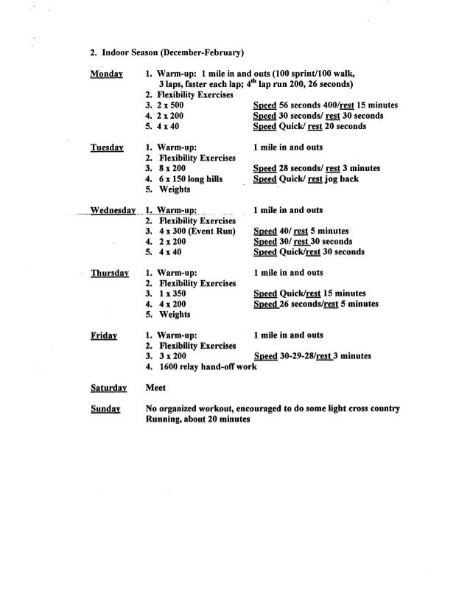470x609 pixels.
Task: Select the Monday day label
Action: [x=107, y=74]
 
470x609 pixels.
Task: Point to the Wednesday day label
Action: [x=113, y=209]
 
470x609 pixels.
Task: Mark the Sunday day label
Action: [x=105, y=408]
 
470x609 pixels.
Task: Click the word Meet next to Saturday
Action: [x=155, y=387]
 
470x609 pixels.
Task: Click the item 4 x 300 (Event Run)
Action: [x=189, y=231]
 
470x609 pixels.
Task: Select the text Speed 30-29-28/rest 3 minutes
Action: [x=312, y=356]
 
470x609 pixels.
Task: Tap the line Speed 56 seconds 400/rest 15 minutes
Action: [x=324, y=105]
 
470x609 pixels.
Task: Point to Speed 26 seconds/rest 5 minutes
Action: [x=315, y=304]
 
